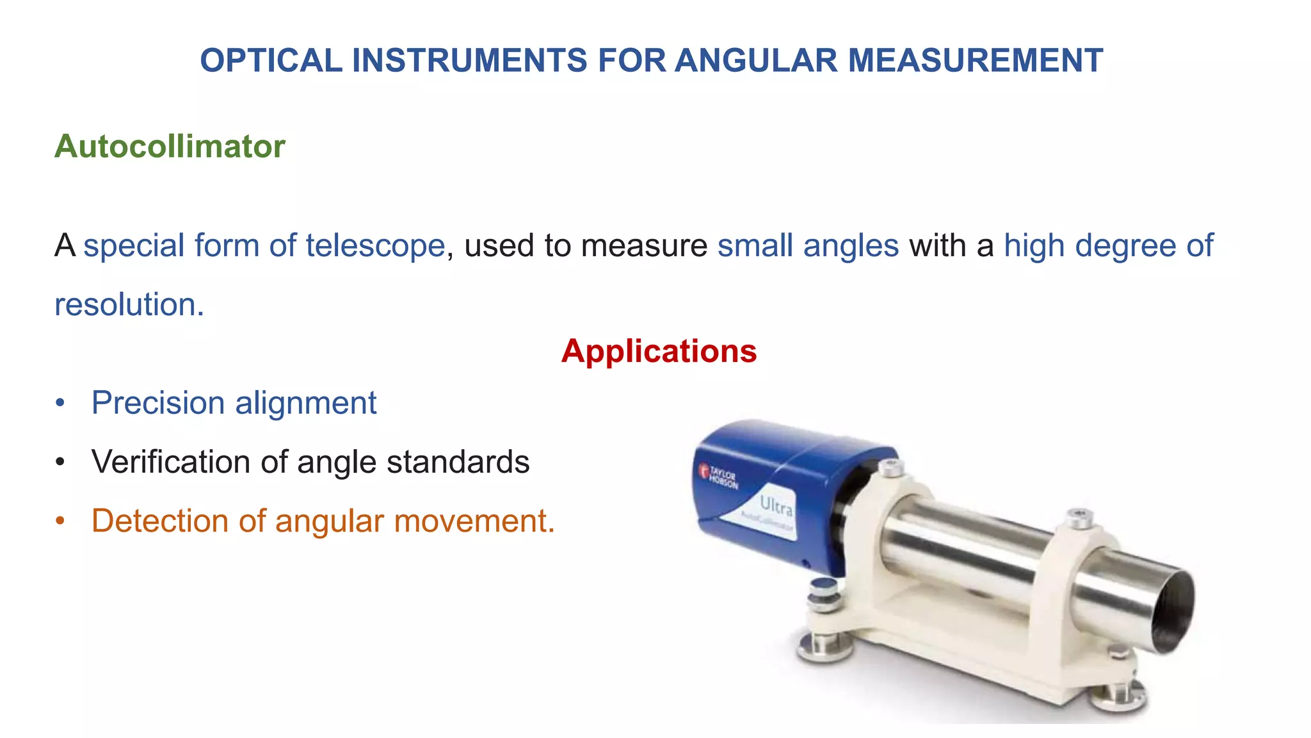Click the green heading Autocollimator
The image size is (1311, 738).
pos(170,147)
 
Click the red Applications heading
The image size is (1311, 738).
pos(659,351)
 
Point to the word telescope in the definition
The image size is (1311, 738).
pos(375,245)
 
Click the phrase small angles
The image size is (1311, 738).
pos(808,245)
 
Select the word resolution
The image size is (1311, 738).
pos(129,304)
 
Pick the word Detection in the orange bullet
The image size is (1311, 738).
pos(160,521)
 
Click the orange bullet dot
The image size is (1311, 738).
pos(60,521)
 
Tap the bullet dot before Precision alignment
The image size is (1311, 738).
pos(60,403)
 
